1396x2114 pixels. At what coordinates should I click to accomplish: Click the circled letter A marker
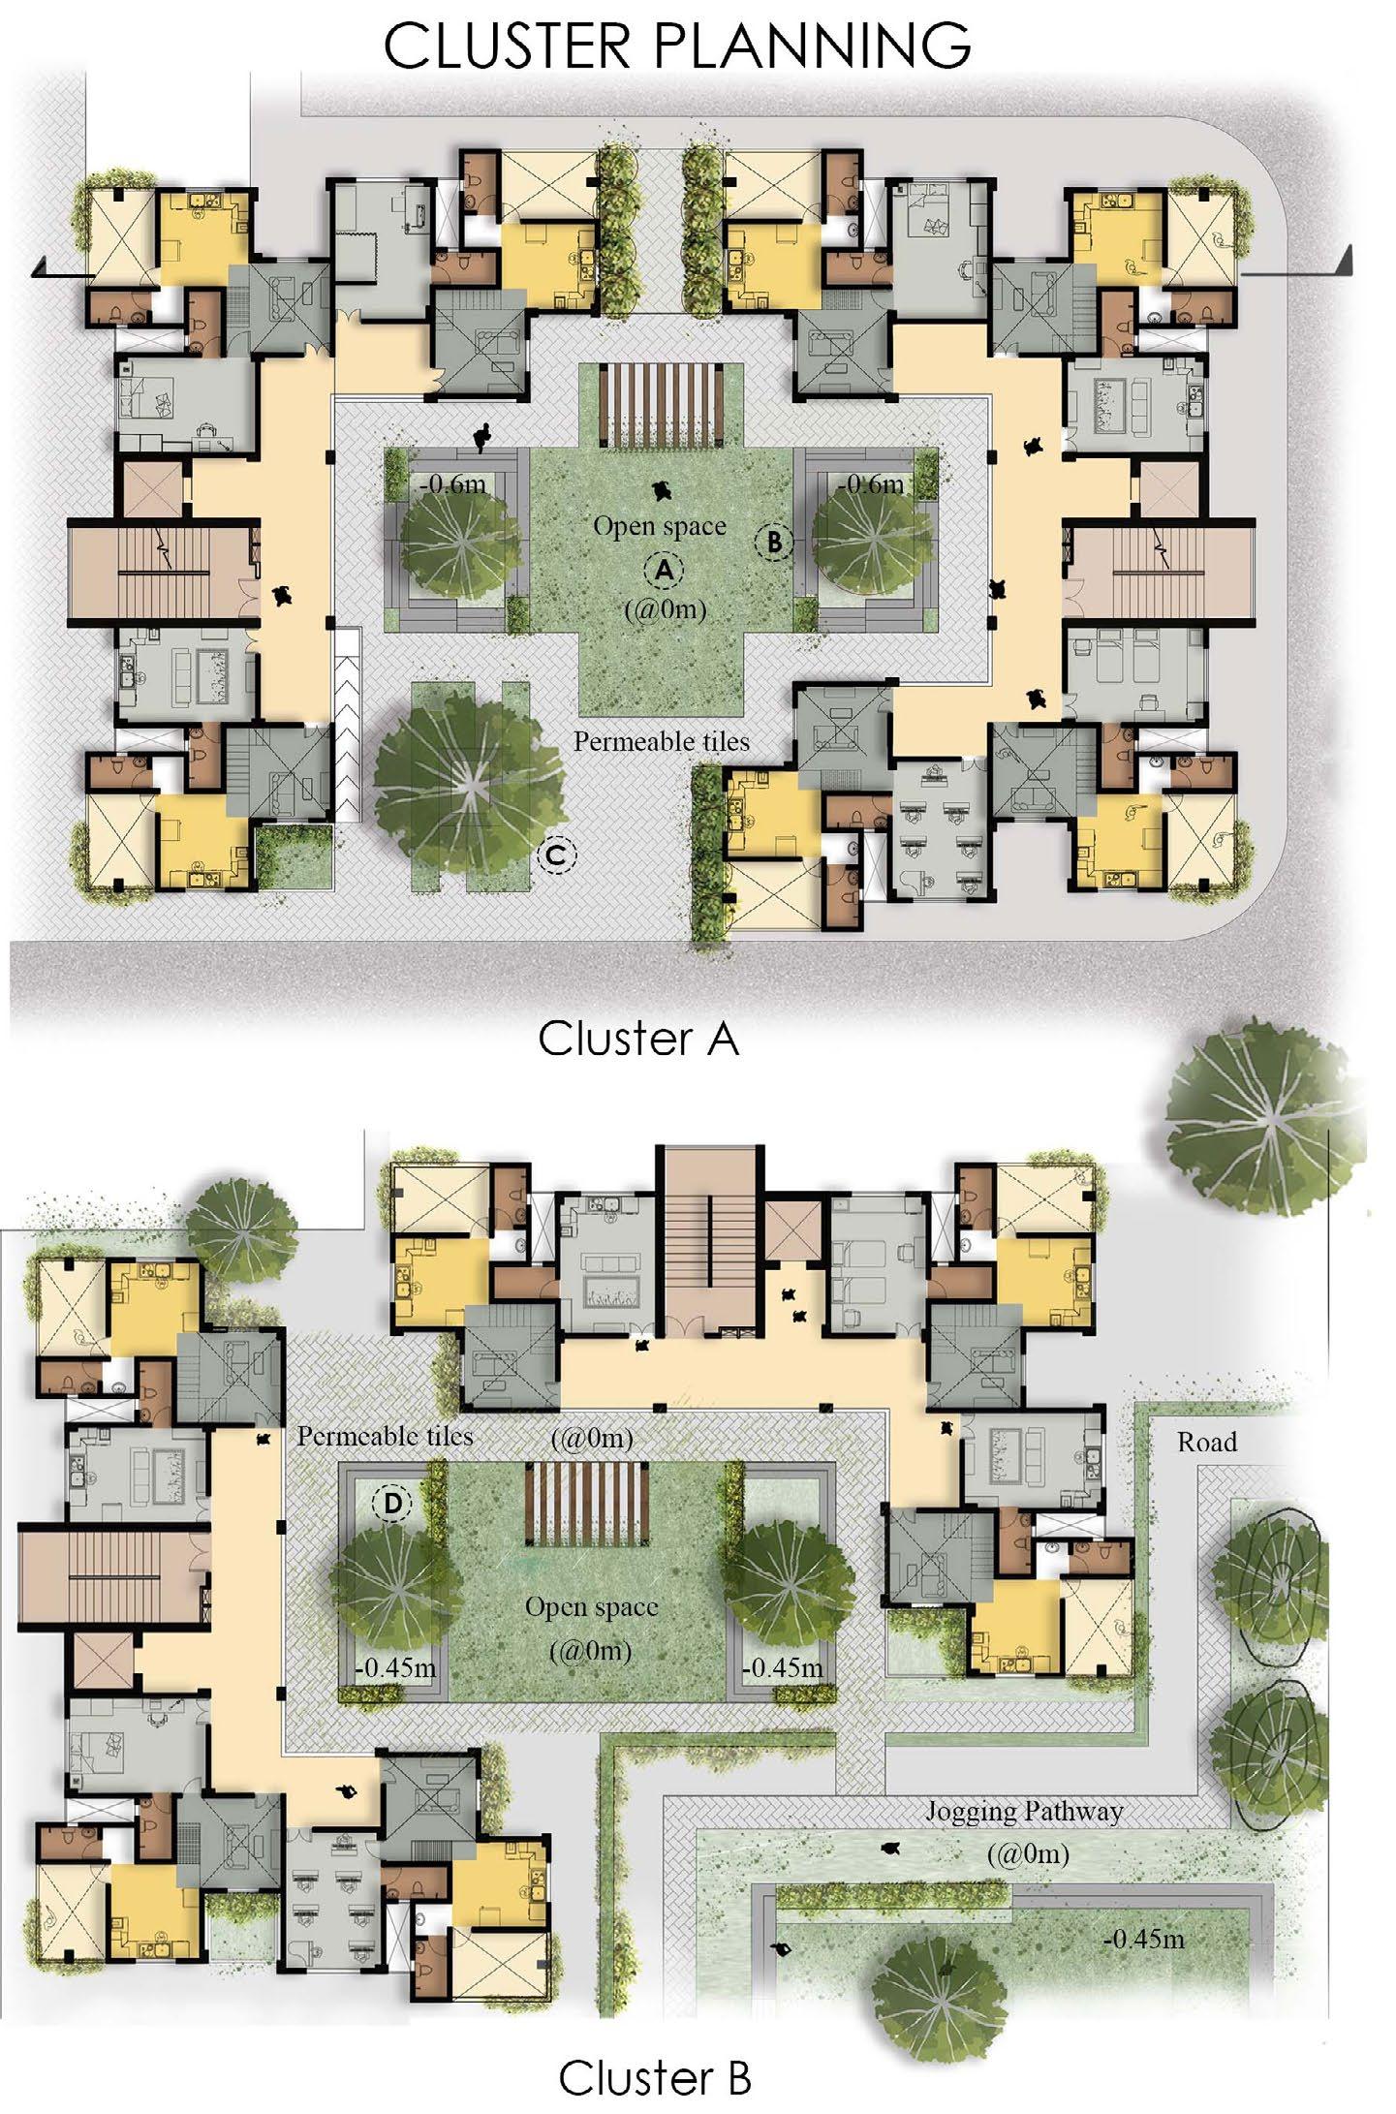coord(664,570)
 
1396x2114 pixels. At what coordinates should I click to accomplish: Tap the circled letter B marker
coord(774,542)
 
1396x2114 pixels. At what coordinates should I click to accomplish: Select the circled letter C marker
coord(556,855)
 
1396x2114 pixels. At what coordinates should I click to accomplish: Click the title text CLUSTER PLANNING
coord(677,45)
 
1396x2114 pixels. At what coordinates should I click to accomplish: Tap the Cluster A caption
coord(638,1039)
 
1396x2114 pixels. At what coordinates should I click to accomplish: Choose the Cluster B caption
coord(654,2077)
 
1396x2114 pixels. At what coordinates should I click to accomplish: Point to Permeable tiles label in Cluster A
coord(662,741)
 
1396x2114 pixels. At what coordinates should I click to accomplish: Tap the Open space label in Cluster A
coord(660,526)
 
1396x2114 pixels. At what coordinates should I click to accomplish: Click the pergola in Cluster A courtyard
coord(662,407)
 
